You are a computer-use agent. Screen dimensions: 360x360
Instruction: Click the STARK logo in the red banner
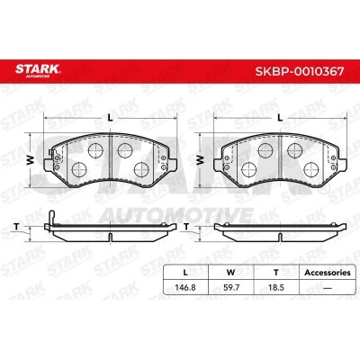pyautogui.click(x=38, y=70)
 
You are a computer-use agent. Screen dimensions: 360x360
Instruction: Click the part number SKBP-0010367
pyautogui.click(x=300, y=71)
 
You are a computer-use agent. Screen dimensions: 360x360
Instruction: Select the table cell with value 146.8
pyautogui.click(x=185, y=287)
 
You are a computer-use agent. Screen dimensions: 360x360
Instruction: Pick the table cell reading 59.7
pyautogui.click(x=231, y=287)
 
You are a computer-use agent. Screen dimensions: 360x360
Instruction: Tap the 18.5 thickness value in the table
pyautogui.click(x=276, y=287)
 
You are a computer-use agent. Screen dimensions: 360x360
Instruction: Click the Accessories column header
pyautogui.click(x=328, y=273)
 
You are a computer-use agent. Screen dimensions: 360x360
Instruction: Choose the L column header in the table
pyautogui.click(x=185, y=273)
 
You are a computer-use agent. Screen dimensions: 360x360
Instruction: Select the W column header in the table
pyautogui.click(x=230, y=273)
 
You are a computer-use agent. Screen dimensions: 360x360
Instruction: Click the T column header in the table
pyautogui.click(x=276, y=273)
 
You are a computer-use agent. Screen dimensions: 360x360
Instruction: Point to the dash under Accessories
pyautogui.click(x=328, y=288)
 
